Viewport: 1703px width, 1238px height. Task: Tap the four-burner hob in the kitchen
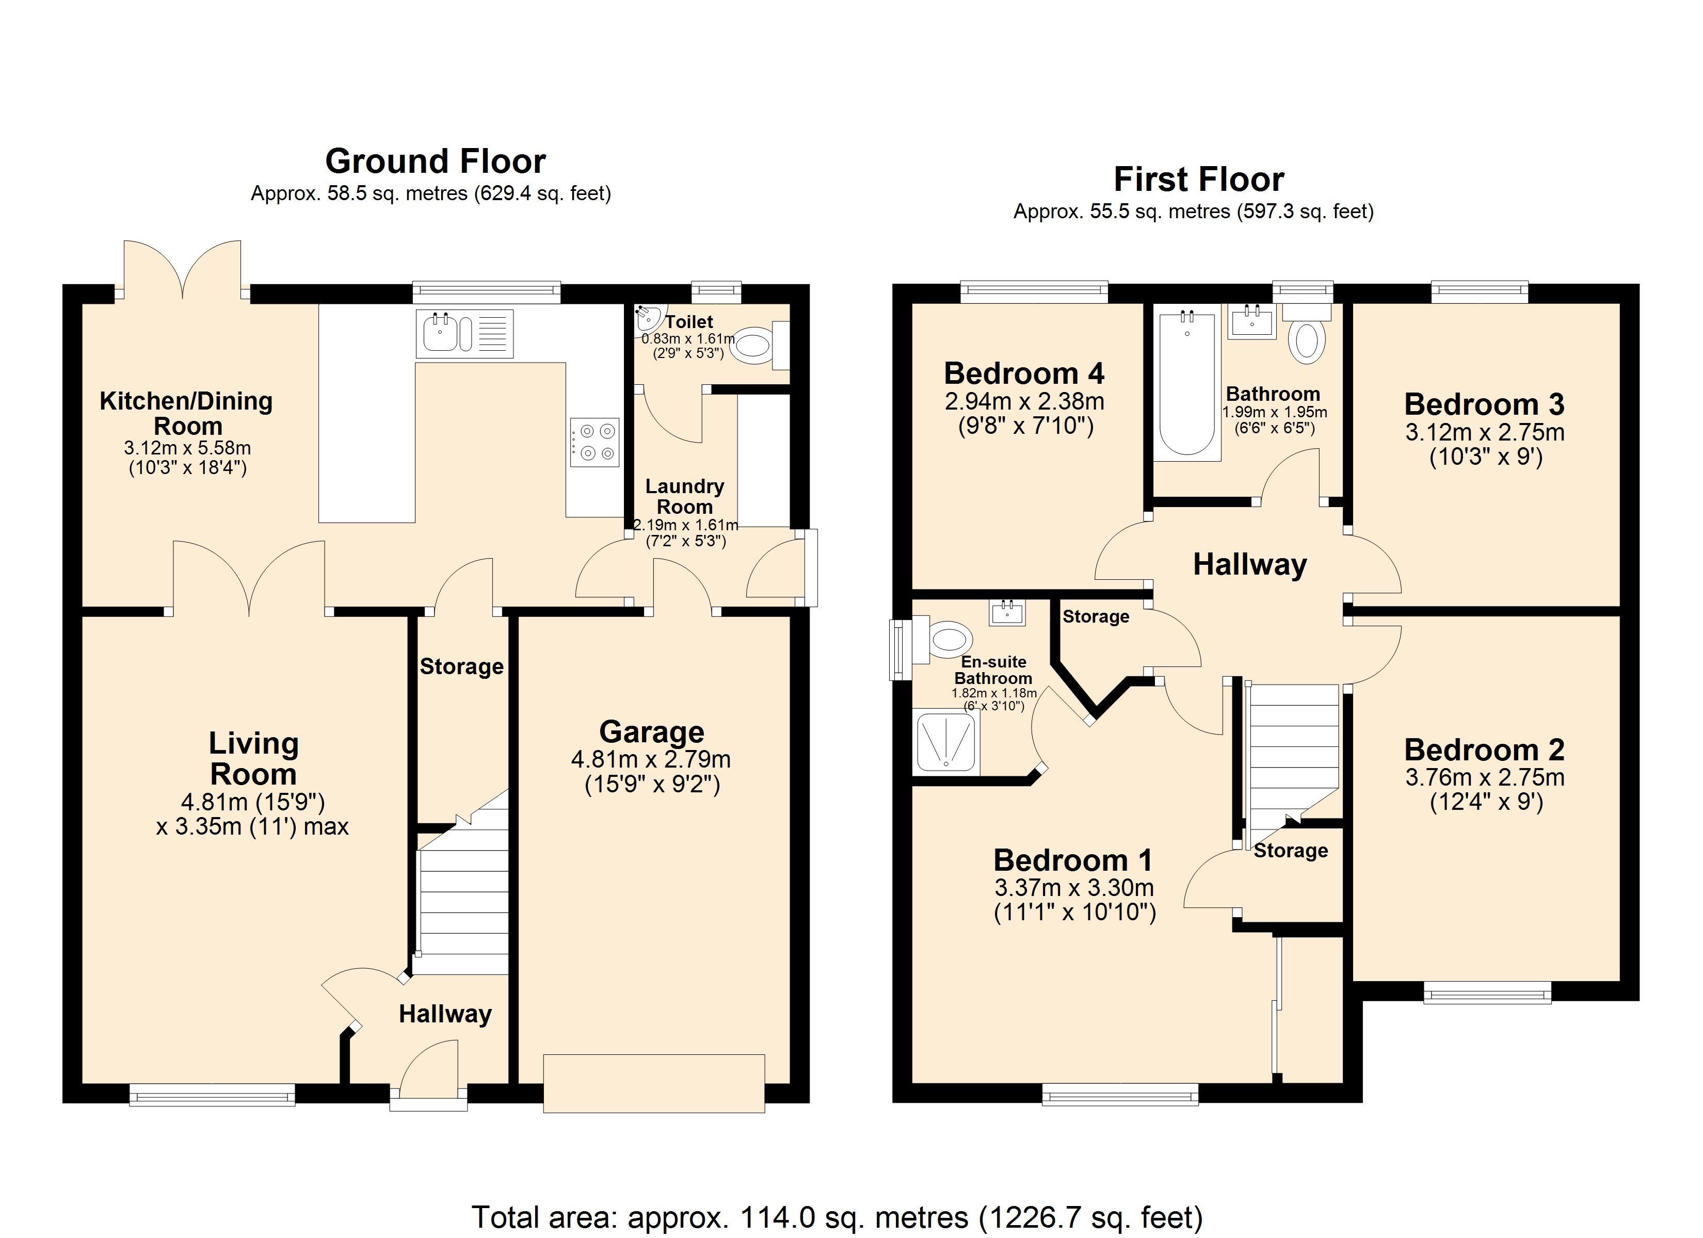(x=594, y=442)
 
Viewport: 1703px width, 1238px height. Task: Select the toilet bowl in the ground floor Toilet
(x=753, y=346)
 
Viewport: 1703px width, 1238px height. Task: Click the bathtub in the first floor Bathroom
(x=1186, y=385)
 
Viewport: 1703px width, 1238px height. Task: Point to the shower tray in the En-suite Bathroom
(x=945, y=743)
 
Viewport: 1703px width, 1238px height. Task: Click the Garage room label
(x=651, y=731)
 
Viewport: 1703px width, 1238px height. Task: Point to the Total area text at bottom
(x=837, y=1217)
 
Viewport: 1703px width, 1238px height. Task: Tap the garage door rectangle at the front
(x=653, y=1083)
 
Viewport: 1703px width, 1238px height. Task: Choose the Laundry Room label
(x=684, y=496)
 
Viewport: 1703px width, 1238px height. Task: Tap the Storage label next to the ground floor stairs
(x=461, y=666)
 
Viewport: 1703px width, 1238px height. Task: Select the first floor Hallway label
(x=1249, y=564)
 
